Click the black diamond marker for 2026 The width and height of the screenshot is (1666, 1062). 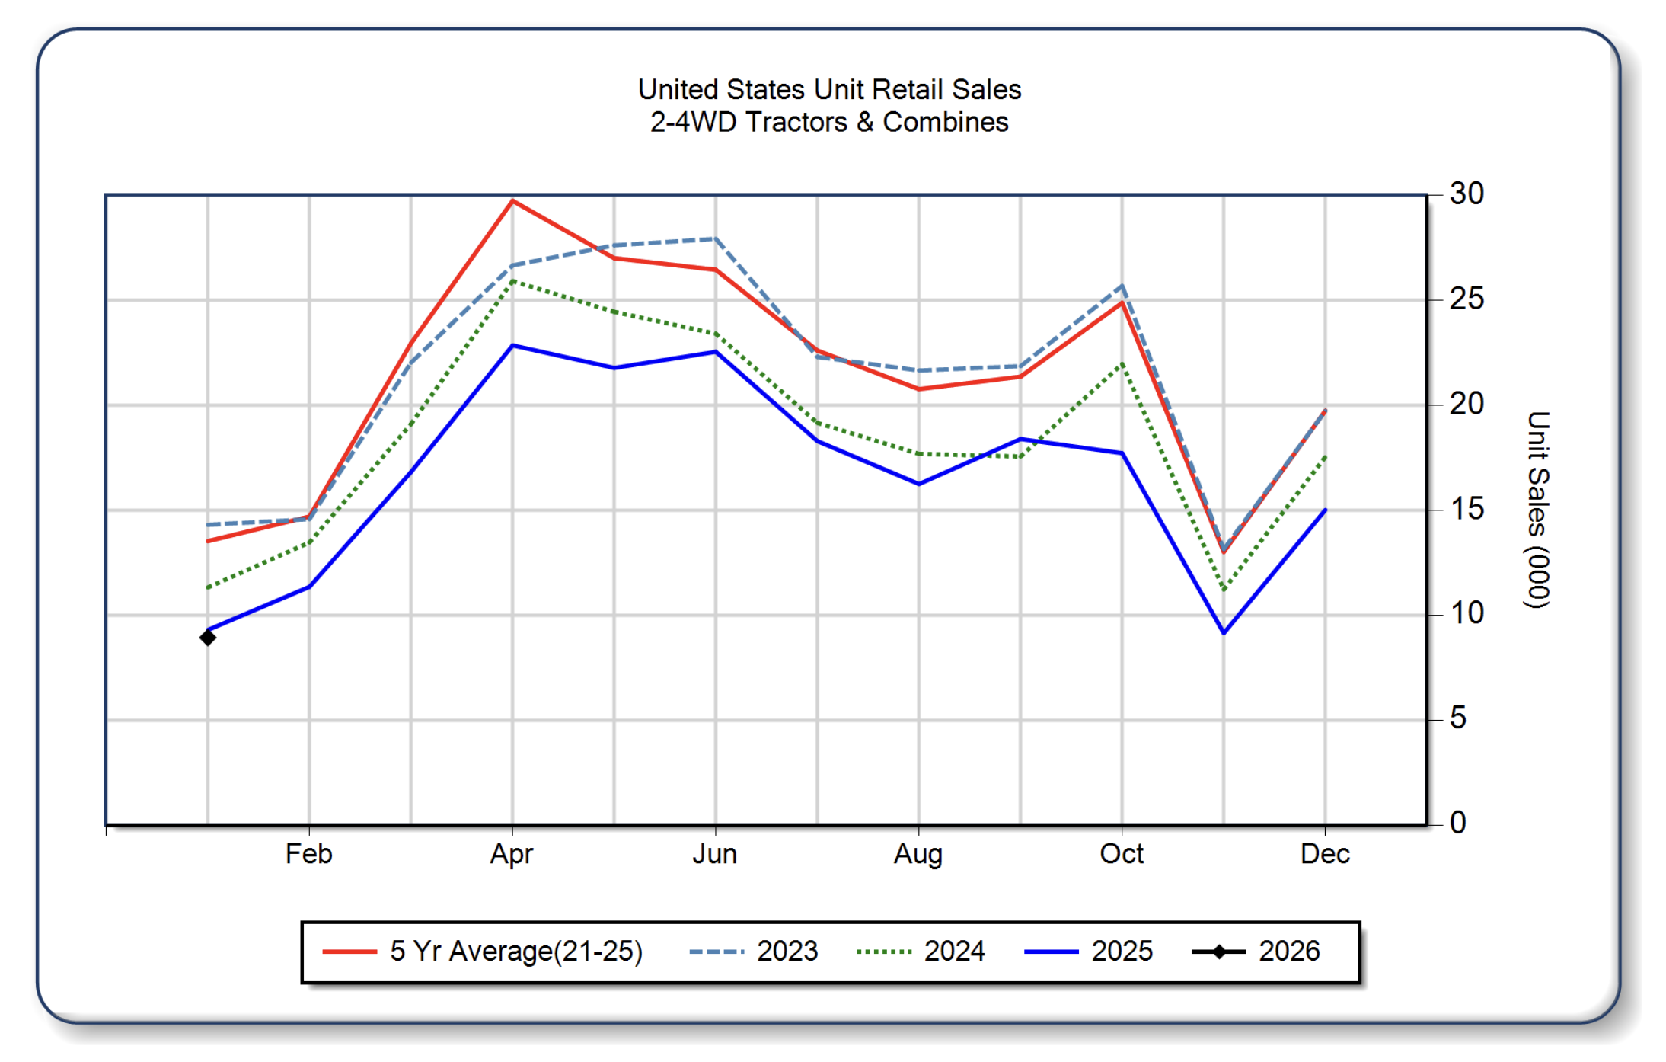207,637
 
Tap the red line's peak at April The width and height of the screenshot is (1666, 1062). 512,201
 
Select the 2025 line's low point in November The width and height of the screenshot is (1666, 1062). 1224,632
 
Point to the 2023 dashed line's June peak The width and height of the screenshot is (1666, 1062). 715,238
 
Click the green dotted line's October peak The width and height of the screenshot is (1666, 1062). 1122,364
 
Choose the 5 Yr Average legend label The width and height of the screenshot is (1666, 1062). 516,952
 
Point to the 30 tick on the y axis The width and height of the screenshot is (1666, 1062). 1467,194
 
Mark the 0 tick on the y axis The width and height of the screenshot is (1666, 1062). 1457,823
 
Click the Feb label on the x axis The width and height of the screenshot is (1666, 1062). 308,854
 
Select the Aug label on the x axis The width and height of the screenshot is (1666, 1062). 918,854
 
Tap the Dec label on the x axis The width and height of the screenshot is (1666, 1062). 1325,854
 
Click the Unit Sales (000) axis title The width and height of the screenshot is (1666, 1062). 1538,510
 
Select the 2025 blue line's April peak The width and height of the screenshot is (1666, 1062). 512,346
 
